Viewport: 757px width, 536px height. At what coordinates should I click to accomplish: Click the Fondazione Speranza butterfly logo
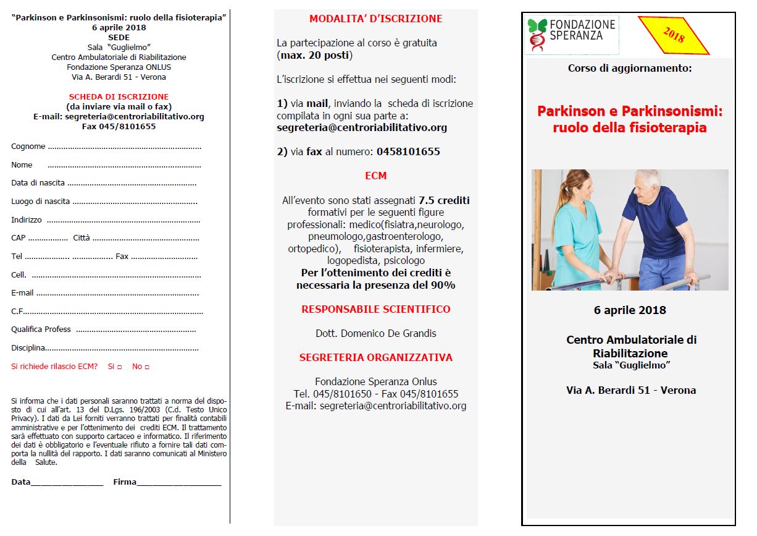point(537,35)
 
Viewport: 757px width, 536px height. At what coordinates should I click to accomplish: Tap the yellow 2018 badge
point(673,35)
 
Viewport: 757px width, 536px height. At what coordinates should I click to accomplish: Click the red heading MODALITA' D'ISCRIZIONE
point(375,19)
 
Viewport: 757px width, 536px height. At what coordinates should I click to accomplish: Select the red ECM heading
point(375,176)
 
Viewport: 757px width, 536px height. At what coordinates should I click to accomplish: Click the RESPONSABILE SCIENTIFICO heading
point(375,309)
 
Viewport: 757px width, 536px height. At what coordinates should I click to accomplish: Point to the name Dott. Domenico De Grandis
point(375,333)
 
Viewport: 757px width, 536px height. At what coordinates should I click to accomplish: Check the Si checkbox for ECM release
point(119,367)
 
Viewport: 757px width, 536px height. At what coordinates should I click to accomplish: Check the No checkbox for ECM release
point(147,367)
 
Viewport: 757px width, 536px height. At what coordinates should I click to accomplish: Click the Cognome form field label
point(28,147)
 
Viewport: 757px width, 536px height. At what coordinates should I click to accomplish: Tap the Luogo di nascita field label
point(40,202)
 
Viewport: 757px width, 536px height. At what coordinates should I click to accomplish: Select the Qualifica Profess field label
point(41,330)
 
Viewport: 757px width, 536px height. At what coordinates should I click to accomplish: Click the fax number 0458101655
point(408,151)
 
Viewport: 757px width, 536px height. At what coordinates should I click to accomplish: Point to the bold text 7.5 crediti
point(444,200)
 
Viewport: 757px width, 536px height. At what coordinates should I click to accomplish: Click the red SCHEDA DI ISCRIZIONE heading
point(119,97)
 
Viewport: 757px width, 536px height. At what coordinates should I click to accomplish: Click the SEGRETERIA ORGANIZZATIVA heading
point(375,357)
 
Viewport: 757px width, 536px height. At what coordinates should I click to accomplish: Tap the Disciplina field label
point(28,348)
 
